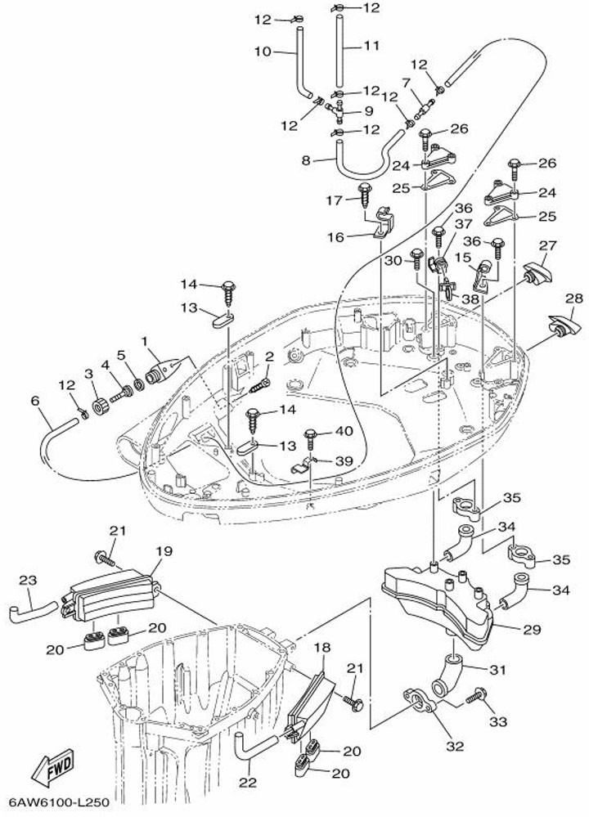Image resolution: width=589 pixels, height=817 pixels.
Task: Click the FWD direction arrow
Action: tap(52, 770)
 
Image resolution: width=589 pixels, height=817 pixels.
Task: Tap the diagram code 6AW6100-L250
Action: tap(59, 804)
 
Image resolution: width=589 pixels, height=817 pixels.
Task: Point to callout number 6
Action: tap(34, 401)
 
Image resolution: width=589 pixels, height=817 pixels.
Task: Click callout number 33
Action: tap(498, 721)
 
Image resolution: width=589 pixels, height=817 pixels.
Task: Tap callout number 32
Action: tap(455, 746)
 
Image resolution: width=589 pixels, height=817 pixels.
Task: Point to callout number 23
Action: tap(28, 581)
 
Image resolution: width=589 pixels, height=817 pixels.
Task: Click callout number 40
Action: tap(344, 431)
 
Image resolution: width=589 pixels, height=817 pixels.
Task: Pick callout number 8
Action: tap(306, 161)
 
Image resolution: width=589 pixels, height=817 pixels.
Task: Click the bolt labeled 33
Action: tap(473, 698)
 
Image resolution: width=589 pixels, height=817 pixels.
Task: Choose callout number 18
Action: tap(322, 648)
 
